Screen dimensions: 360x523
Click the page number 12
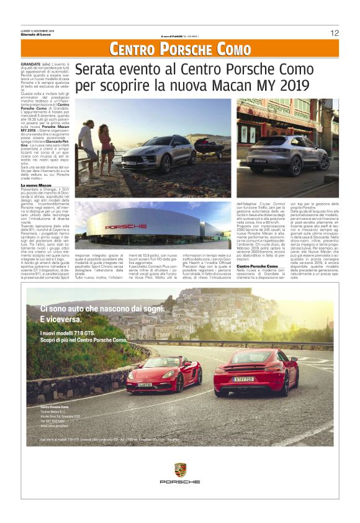click(x=335, y=33)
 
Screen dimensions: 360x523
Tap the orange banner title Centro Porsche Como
click(x=180, y=49)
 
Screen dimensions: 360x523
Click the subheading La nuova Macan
click(x=35, y=185)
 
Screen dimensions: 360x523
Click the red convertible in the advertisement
click(x=163, y=376)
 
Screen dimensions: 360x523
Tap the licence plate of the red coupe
click(x=243, y=379)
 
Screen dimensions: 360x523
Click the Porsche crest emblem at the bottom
click(x=180, y=470)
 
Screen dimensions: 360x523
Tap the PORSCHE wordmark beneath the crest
click(x=180, y=482)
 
